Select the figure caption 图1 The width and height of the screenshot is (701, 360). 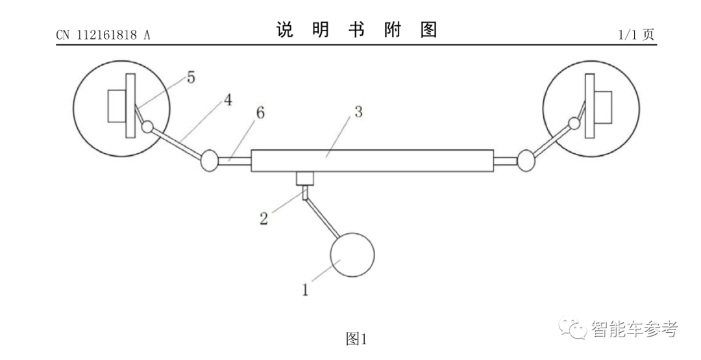click(x=356, y=339)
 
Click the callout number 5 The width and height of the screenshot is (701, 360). click(x=191, y=78)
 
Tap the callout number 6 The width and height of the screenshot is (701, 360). click(x=260, y=112)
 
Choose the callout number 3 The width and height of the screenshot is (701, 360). click(x=358, y=111)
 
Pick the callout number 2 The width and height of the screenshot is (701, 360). click(x=264, y=218)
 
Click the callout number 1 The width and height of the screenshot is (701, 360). click(x=305, y=289)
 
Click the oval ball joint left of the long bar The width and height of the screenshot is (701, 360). click(x=210, y=160)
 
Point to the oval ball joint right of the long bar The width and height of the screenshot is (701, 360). click(x=525, y=160)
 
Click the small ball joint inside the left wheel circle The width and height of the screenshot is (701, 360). click(x=148, y=126)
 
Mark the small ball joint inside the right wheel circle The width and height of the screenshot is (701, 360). click(x=574, y=123)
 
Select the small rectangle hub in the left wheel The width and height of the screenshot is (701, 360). click(x=117, y=106)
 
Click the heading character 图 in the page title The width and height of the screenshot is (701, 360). click(x=428, y=30)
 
